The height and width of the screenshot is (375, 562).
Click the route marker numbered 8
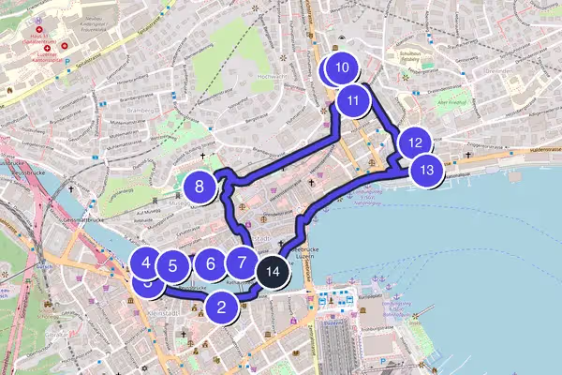200,187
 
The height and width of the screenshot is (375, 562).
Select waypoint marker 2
222,305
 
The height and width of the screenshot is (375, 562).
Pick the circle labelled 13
427,171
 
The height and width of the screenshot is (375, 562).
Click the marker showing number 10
342,68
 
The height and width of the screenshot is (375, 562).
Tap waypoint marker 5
173,266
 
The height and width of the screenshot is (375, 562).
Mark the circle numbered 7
242,264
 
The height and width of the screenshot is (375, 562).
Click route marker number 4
146,262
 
